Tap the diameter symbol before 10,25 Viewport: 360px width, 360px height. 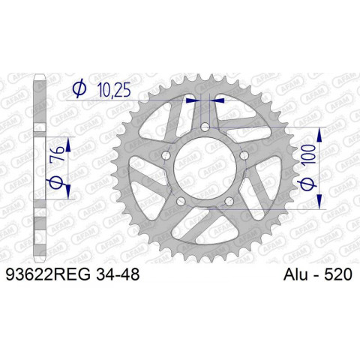point(79,90)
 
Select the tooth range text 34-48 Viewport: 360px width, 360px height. point(117,276)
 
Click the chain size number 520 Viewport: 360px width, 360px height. point(339,276)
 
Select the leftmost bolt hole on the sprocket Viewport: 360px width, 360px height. point(166,155)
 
